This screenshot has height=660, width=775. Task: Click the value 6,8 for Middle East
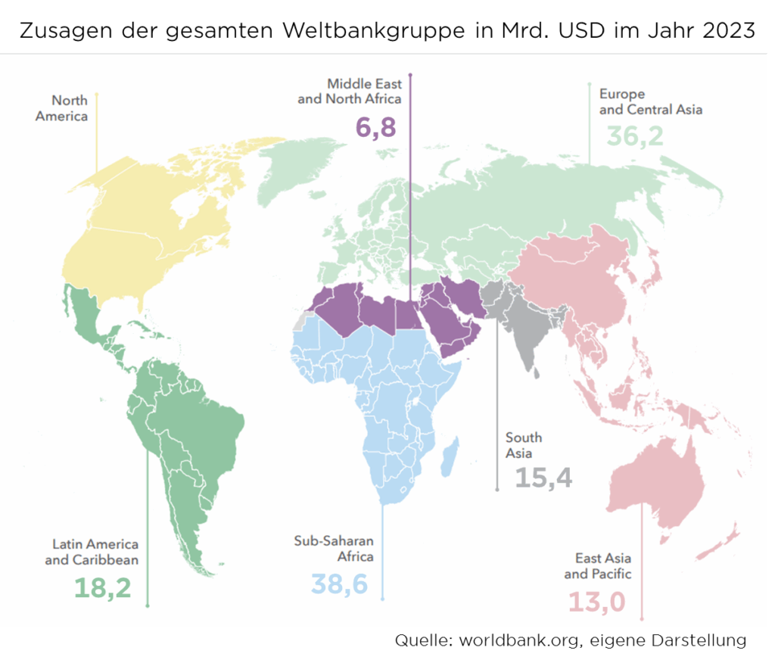[x=375, y=127]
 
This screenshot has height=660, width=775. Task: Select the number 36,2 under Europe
[x=634, y=136]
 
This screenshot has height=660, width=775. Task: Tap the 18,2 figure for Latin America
[x=102, y=587]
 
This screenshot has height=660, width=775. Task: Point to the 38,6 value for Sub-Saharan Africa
[x=339, y=584]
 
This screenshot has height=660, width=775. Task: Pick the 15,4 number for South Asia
[x=543, y=478]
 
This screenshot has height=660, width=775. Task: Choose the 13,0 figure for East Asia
[x=596, y=603]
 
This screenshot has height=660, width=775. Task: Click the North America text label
[x=62, y=108]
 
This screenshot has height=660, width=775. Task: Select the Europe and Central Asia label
[x=650, y=101]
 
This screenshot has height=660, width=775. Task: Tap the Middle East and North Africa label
[x=350, y=92]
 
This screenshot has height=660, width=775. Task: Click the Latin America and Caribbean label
[x=92, y=552]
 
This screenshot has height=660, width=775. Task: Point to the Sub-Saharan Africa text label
[x=334, y=549]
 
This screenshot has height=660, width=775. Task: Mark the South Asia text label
[x=524, y=445]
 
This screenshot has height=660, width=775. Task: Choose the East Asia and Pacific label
[x=598, y=565]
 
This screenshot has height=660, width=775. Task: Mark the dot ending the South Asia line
[x=497, y=490]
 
